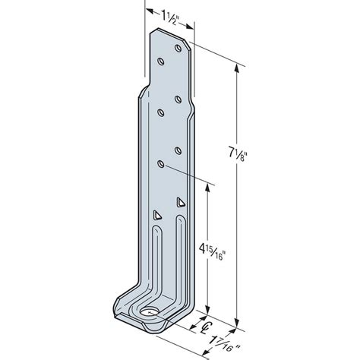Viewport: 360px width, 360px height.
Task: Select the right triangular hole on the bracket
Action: (x=181, y=203)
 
